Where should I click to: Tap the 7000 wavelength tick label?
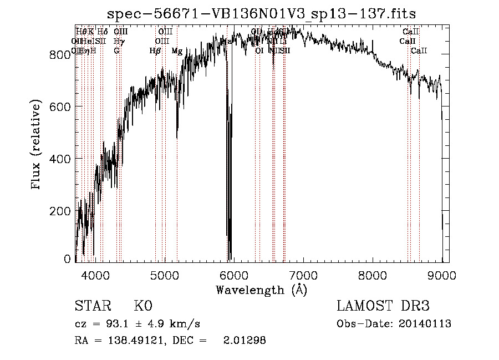click(303, 275)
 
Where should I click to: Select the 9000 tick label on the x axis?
click(442, 275)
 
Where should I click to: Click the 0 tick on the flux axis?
click(67, 259)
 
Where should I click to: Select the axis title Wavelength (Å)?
click(261, 290)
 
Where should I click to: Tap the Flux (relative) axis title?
click(37, 145)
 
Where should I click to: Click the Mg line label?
click(177, 51)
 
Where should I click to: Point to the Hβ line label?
click(155, 51)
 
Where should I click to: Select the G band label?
click(116, 51)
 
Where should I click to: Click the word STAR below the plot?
click(92, 306)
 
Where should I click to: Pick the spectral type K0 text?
click(143, 306)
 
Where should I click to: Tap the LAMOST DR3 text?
click(383, 306)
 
